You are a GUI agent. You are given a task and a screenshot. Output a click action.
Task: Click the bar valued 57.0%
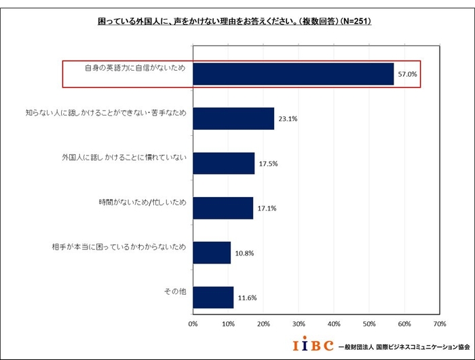tap(293, 74)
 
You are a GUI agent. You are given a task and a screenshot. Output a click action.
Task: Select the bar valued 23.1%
tap(233, 118)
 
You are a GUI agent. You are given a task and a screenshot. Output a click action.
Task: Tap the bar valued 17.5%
tap(224, 163)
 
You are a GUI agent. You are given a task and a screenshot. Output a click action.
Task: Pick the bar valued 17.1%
tap(223, 208)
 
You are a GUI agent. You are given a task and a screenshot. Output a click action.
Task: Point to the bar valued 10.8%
tap(212, 252)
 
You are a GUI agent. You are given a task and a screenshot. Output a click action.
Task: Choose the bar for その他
tap(213, 297)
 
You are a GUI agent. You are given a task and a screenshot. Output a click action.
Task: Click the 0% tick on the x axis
tap(193, 325)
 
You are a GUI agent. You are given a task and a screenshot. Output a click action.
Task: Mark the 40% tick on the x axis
tap(334, 325)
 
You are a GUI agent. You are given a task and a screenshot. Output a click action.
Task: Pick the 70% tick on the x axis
tap(439, 325)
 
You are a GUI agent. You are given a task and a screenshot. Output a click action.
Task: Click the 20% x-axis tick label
tap(263, 325)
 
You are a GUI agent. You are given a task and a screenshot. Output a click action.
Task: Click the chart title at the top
tap(235, 21)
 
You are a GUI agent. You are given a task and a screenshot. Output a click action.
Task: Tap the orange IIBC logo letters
tap(313, 346)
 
